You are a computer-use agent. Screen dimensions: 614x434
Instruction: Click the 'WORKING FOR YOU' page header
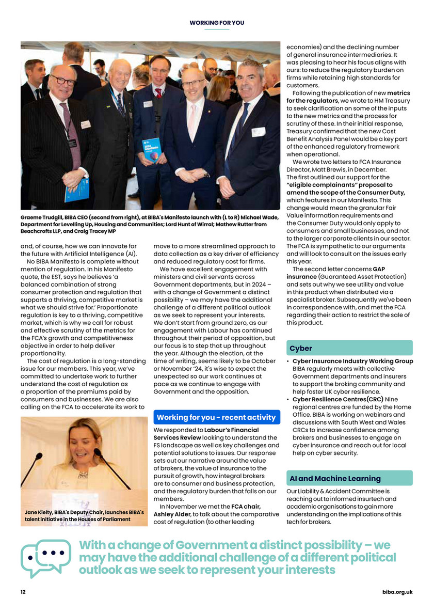pos(217,23)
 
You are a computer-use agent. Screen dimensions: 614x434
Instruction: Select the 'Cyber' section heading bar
pos(349,348)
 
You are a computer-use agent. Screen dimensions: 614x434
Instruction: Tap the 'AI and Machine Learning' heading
pos(349,478)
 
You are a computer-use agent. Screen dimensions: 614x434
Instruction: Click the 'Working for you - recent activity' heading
pos(217,417)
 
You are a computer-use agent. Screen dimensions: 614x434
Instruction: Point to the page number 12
pos(24,592)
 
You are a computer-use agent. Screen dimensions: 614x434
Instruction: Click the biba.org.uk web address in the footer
pos(397,592)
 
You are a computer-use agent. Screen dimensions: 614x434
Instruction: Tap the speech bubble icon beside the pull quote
pos(45,558)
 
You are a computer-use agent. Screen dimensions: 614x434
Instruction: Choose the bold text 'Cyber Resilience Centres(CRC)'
pos(329,399)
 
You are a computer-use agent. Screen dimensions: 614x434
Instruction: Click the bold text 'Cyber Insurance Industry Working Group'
pos(352,361)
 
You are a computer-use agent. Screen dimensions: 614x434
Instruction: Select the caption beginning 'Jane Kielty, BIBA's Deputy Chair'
pos(77,515)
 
